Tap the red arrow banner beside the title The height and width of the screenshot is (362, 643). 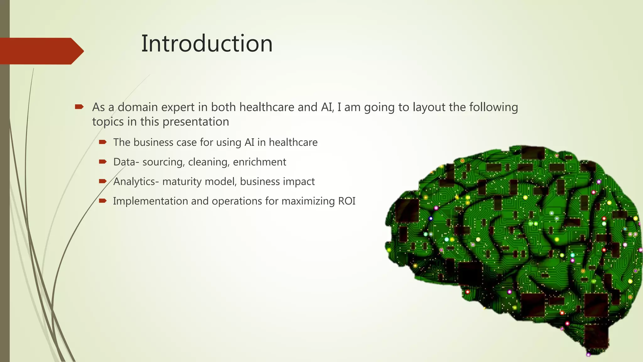click(x=41, y=51)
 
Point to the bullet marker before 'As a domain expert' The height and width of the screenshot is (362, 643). click(x=79, y=107)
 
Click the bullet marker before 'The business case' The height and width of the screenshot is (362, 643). click(x=103, y=142)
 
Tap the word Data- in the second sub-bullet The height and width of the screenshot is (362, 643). click(x=126, y=162)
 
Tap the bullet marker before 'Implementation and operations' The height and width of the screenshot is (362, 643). click(x=103, y=201)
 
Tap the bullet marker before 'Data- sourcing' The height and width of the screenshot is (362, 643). click(x=103, y=162)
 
